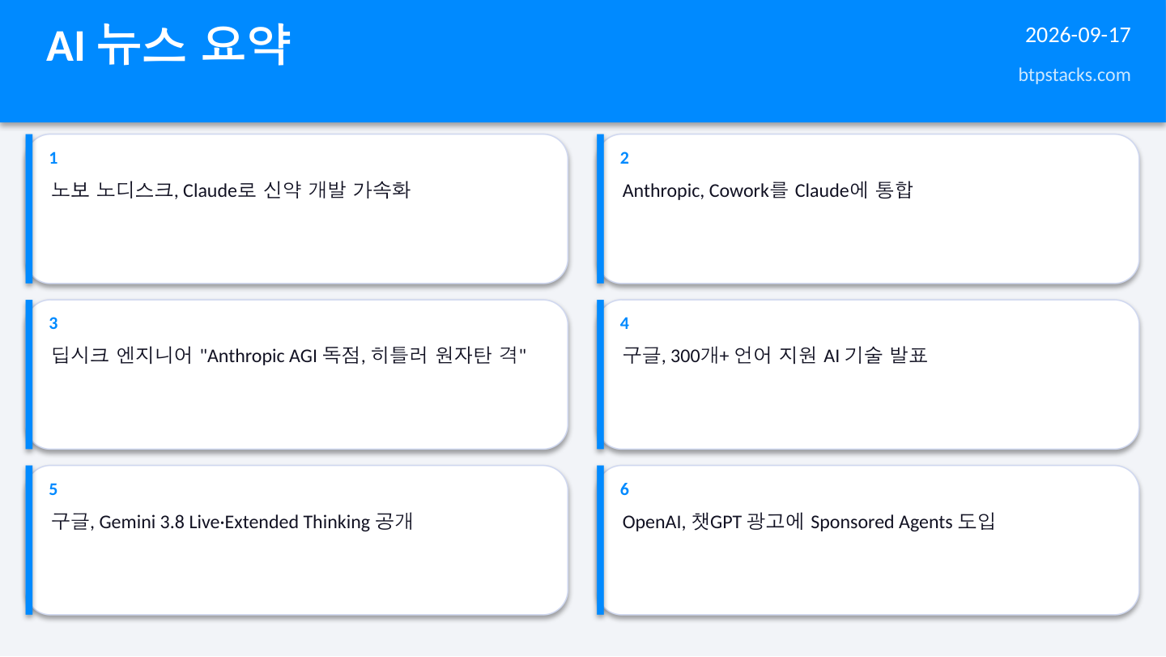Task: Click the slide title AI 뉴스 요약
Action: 168,45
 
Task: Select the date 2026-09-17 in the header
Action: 1078,36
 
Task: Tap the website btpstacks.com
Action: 1074,75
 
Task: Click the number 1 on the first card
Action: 53,158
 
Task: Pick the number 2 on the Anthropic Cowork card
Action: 624,158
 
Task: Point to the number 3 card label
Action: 53,323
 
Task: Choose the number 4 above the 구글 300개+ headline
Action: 624,323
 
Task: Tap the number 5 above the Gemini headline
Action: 53,489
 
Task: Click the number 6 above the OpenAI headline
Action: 624,489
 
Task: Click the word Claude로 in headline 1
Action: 219,190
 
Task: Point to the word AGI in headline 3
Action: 303,356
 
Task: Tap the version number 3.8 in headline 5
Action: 172,522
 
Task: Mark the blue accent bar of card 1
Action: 29,209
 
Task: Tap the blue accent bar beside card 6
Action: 600,540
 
